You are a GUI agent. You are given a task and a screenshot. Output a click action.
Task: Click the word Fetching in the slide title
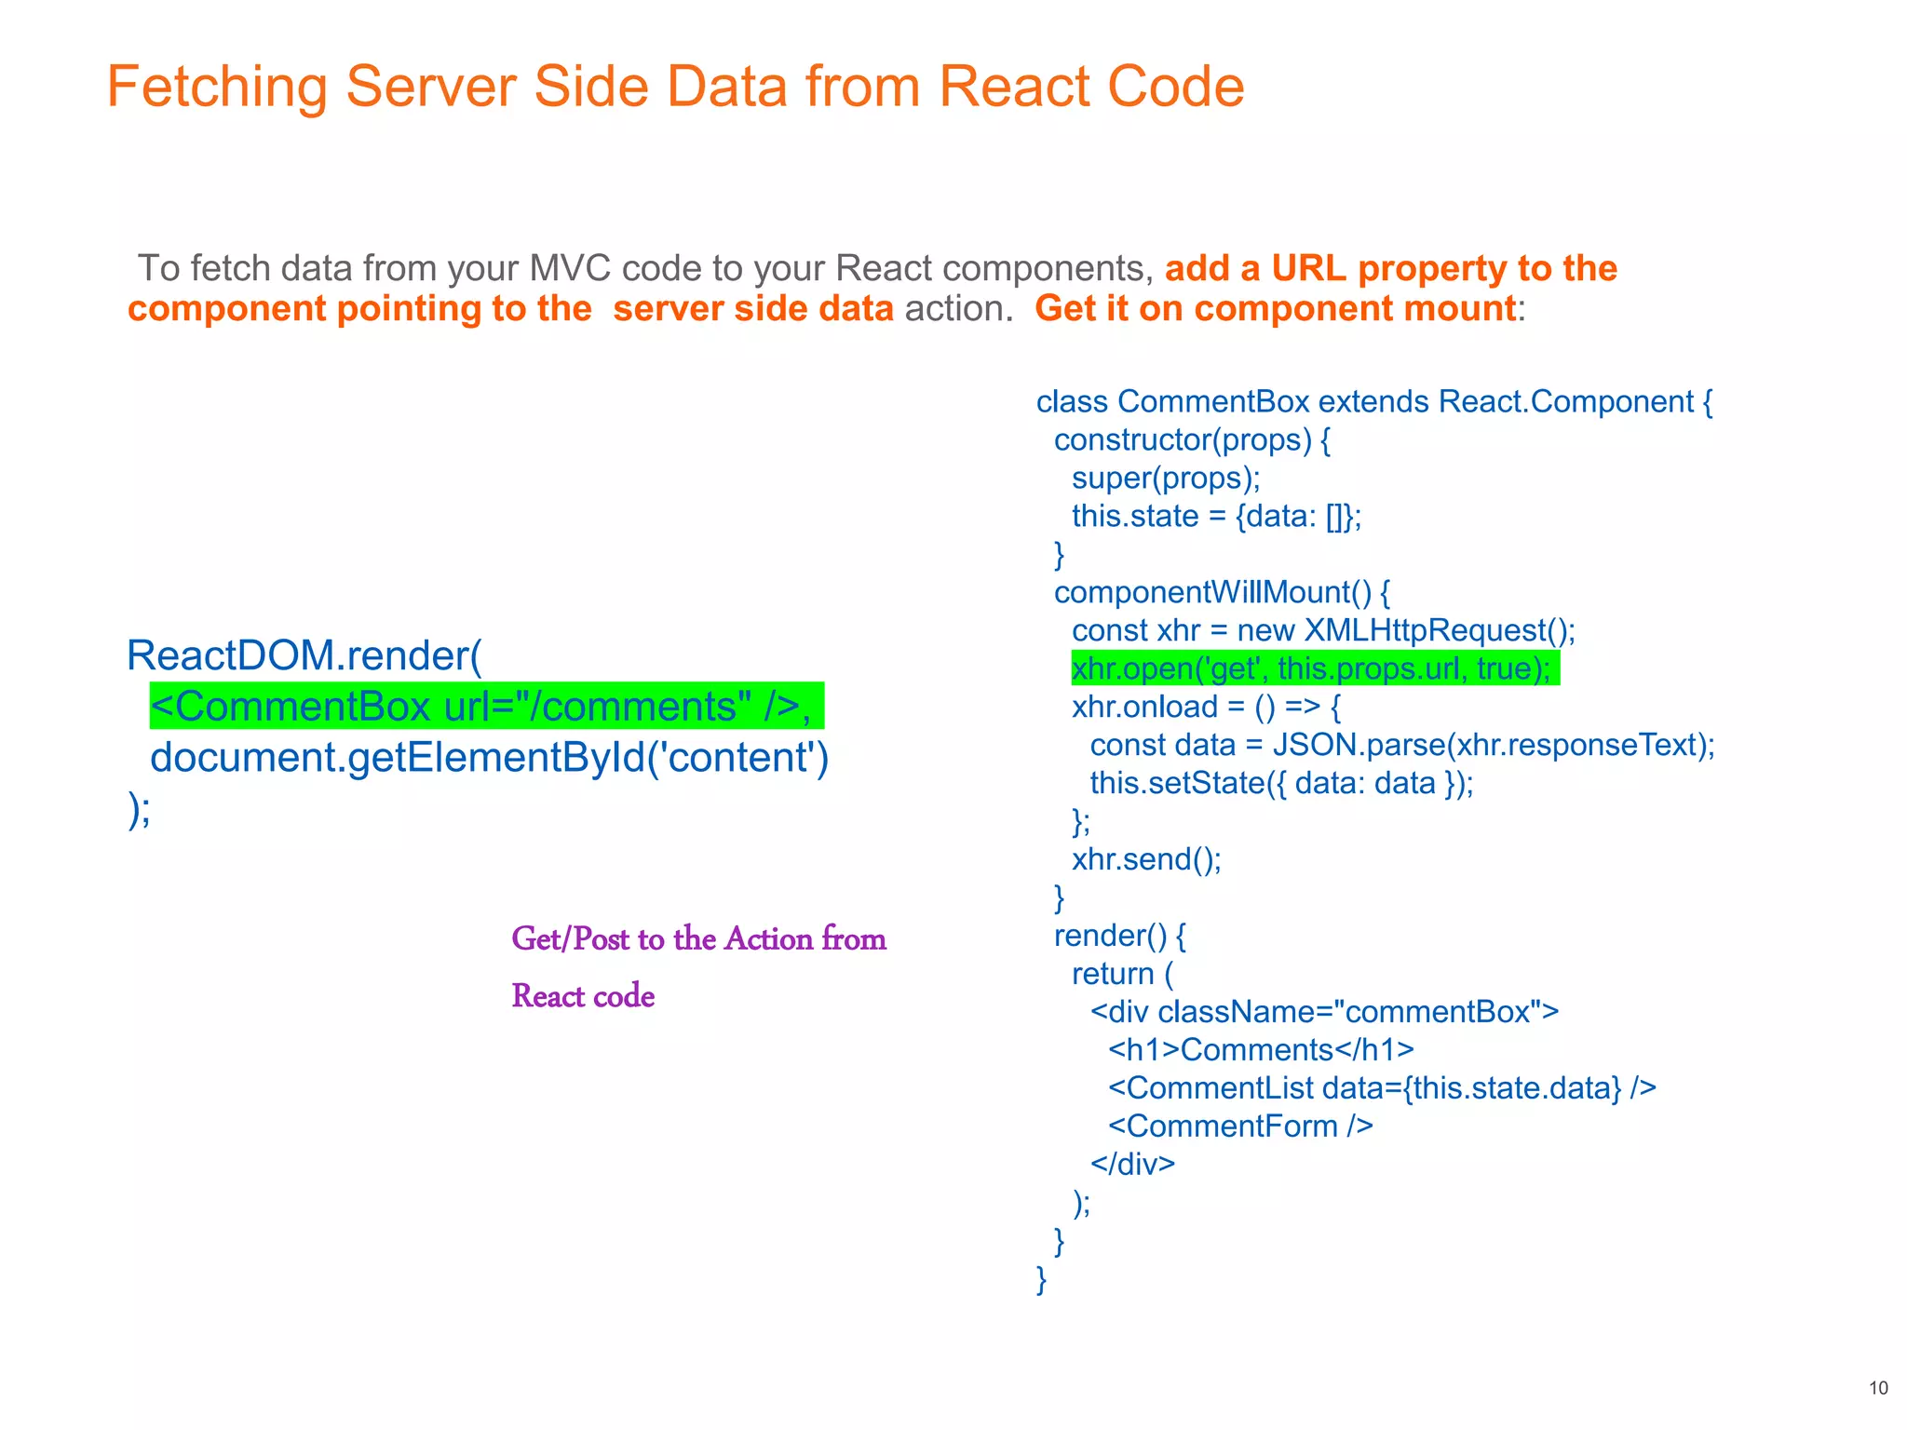(x=216, y=88)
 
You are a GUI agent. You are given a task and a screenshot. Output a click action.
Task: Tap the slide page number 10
(x=1878, y=1388)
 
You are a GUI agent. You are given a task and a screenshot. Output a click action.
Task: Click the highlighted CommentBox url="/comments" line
(x=485, y=707)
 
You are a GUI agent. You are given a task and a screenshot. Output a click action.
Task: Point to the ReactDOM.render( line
(x=304, y=655)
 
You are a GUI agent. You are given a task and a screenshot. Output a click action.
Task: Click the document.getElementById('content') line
(x=489, y=758)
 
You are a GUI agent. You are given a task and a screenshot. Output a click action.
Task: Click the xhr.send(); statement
(x=1146, y=858)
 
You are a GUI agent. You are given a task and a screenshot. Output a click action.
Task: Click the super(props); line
(x=1166, y=478)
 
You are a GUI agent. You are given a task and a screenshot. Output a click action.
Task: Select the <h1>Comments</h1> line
(x=1261, y=1049)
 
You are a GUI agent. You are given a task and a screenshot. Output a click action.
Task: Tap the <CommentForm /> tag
(x=1240, y=1126)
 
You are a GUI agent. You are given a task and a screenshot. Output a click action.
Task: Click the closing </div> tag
(x=1132, y=1164)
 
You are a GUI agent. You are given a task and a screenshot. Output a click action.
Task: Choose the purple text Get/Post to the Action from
(x=698, y=938)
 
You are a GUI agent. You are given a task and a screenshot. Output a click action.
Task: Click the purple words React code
(x=583, y=996)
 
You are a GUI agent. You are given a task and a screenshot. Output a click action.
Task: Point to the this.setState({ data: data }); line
(x=1281, y=783)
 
